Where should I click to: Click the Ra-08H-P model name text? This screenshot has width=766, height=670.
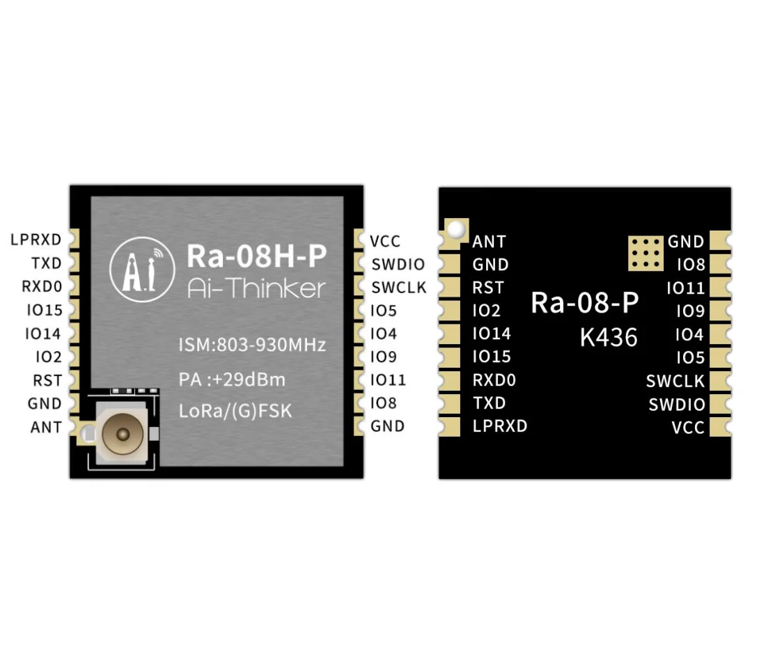[x=256, y=256]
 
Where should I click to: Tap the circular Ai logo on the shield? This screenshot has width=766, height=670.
[x=142, y=270]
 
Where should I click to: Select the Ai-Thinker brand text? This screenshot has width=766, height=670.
[x=256, y=288]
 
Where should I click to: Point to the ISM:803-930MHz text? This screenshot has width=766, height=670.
[x=252, y=345]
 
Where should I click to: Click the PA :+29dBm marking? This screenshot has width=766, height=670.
[x=232, y=380]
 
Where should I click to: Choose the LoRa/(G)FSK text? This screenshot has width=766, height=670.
[x=235, y=410]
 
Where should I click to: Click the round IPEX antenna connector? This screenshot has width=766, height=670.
[x=123, y=433]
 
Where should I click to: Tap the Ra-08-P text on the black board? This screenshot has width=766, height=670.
[x=585, y=302]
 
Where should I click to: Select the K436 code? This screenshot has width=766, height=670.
[x=609, y=338]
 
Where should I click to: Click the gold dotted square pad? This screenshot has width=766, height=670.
[x=646, y=253]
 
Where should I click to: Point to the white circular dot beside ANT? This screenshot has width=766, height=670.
[x=456, y=228]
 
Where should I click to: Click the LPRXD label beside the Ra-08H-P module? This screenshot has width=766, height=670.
[x=36, y=240]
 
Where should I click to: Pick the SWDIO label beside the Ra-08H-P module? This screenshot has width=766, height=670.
[x=398, y=265]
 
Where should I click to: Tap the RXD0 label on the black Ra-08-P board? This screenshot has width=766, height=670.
[x=494, y=380]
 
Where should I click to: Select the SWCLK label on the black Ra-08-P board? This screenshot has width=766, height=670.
[x=675, y=381]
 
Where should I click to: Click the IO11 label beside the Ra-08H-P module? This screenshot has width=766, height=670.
[x=388, y=380]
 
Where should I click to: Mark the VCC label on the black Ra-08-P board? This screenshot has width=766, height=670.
[x=688, y=428]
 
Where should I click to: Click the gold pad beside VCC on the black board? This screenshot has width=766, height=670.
[x=720, y=427]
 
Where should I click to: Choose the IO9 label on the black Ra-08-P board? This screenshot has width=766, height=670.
[x=690, y=311]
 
